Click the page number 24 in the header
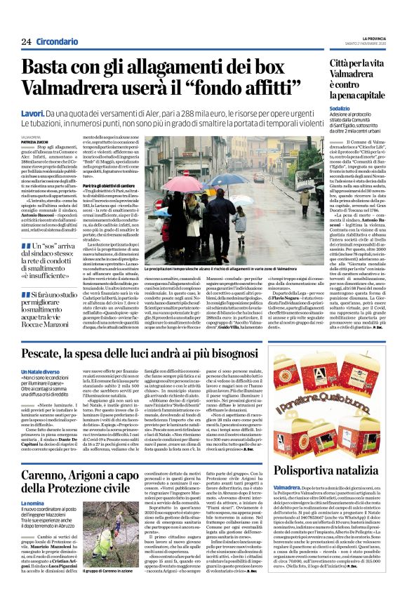tap(27, 42)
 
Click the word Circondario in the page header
tap(58, 42)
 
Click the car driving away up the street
tap(259, 178)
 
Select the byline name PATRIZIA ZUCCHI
tap(35, 143)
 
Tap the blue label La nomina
tap(34, 484)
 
